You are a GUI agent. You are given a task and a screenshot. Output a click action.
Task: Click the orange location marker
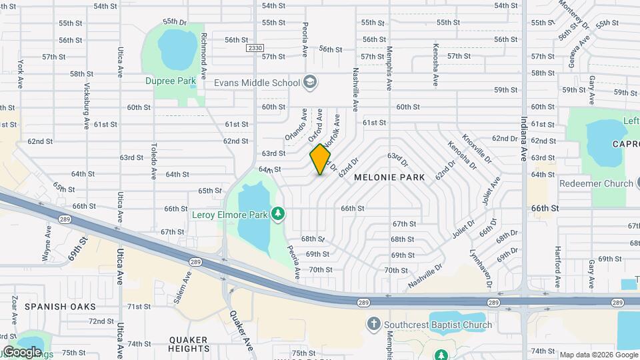coord(321,160)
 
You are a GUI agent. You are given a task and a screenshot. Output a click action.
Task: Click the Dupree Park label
coord(171,81)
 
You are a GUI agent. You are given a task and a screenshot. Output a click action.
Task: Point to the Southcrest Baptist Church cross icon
coord(373,325)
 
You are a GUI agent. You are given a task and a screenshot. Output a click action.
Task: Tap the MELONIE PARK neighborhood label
coord(389,178)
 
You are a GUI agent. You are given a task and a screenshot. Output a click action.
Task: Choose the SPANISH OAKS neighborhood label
coord(61,307)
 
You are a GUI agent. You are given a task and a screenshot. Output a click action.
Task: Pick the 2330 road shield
coord(255,48)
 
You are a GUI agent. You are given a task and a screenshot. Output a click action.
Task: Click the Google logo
coord(21,351)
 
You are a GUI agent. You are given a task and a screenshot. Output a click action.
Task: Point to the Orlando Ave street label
coord(295,125)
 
